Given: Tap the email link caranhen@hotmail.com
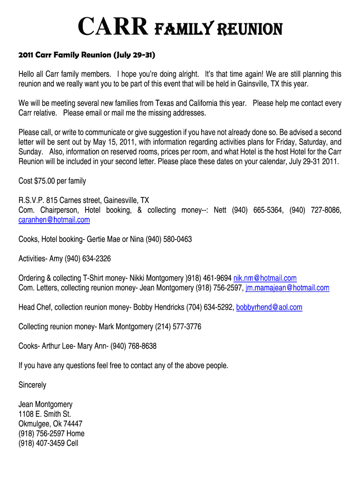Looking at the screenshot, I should point(54,219).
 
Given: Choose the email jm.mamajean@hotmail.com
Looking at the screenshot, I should point(288,288).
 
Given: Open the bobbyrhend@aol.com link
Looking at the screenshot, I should point(269,307).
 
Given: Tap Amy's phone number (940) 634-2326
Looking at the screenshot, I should point(87,259).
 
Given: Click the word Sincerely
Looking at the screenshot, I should point(32,385).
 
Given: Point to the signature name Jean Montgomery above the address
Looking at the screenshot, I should point(45,404).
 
